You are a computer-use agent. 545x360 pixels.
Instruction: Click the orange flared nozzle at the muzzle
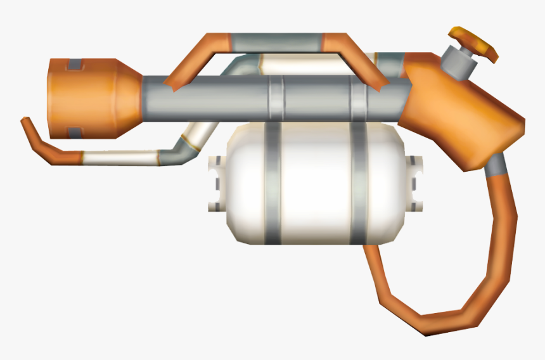95,98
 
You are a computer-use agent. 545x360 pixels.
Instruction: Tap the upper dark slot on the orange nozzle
75,64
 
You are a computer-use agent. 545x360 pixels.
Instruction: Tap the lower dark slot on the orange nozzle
75,132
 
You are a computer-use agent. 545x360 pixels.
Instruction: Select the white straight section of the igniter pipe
120,157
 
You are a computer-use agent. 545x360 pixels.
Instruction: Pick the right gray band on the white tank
359,184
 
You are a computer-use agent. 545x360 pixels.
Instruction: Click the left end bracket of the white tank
216,184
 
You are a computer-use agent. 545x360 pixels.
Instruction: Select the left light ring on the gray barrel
277,98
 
